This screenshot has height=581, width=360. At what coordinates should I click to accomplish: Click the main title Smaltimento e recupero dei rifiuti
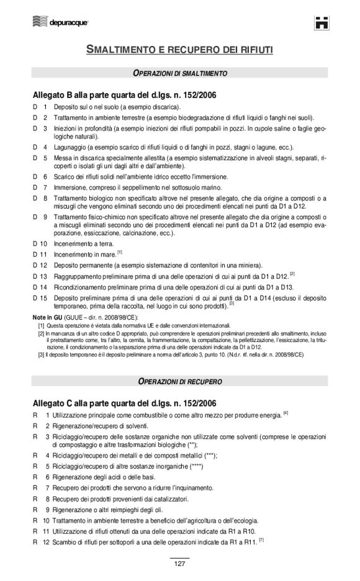tap(179, 48)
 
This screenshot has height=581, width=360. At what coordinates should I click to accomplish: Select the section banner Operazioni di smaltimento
tap(180, 73)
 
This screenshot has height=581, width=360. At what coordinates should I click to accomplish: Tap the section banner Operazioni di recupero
tap(180, 379)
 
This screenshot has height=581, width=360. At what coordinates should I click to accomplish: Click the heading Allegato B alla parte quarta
tap(124, 96)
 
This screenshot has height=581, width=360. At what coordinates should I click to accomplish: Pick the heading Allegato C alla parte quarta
tap(124, 402)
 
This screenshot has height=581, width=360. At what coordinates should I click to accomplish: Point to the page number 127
tap(179, 564)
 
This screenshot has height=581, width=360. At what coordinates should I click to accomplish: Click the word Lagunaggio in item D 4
tap(69, 147)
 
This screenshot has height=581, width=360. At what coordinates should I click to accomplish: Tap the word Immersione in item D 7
tap(70, 187)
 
